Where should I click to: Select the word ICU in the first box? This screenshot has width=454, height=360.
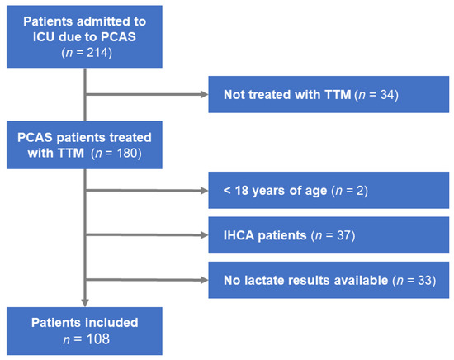click(x=44, y=37)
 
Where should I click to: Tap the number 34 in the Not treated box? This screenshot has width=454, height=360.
click(x=387, y=95)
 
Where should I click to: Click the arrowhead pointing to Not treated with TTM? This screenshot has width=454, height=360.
click(x=205, y=94)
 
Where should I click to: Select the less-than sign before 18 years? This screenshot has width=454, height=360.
click(x=227, y=190)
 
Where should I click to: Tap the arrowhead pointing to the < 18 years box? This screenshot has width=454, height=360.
click(x=205, y=190)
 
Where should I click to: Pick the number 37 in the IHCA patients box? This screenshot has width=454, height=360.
click(x=343, y=235)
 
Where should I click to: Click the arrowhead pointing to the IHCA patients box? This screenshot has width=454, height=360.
click(x=205, y=235)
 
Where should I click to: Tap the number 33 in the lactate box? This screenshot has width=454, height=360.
click(x=425, y=281)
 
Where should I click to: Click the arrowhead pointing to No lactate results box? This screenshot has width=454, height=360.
click(x=205, y=280)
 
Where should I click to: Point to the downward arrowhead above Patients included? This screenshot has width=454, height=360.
click(x=85, y=303)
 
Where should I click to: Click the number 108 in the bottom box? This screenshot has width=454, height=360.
click(x=98, y=339)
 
